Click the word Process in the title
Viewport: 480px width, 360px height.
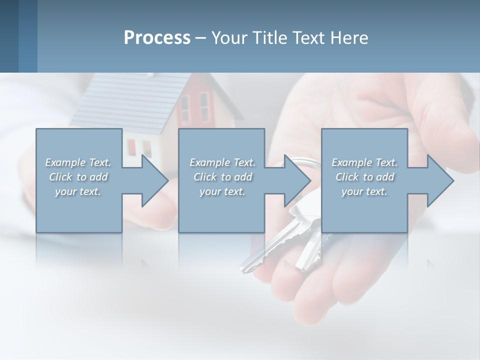click(157, 38)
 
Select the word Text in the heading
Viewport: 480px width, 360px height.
click(308, 38)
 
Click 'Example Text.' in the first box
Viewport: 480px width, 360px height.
click(78, 162)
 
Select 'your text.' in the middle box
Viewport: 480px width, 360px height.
click(222, 191)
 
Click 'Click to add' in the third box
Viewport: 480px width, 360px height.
click(364, 177)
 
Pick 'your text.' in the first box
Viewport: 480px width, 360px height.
click(78, 191)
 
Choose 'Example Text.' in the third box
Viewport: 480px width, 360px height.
click(364, 162)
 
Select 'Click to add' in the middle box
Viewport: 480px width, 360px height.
click(222, 177)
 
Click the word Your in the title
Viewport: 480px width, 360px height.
click(229, 38)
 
